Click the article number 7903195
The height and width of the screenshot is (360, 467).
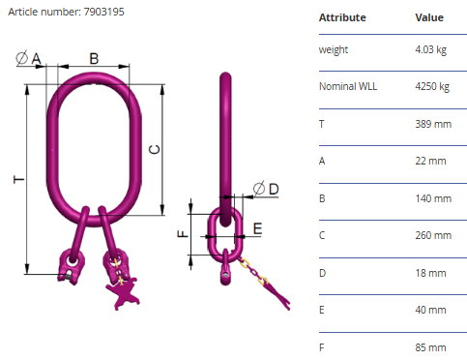click(103, 12)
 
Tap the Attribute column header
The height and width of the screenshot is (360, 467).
click(342, 17)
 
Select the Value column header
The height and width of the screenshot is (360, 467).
click(429, 17)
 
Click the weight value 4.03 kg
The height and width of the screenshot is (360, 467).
click(431, 49)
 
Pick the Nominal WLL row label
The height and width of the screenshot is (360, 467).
click(348, 86)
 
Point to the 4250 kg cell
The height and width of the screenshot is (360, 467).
click(432, 86)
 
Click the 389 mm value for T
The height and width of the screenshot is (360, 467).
click(433, 124)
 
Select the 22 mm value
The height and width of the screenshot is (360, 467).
click(430, 161)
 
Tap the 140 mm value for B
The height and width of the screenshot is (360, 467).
click(433, 198)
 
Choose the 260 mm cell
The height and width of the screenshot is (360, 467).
click(433, 235)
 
